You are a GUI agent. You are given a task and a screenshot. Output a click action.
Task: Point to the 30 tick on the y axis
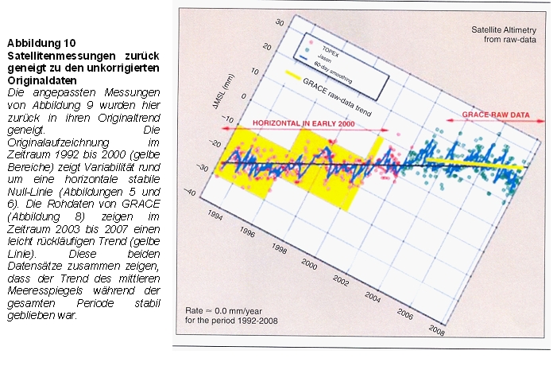tap(278, 22)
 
